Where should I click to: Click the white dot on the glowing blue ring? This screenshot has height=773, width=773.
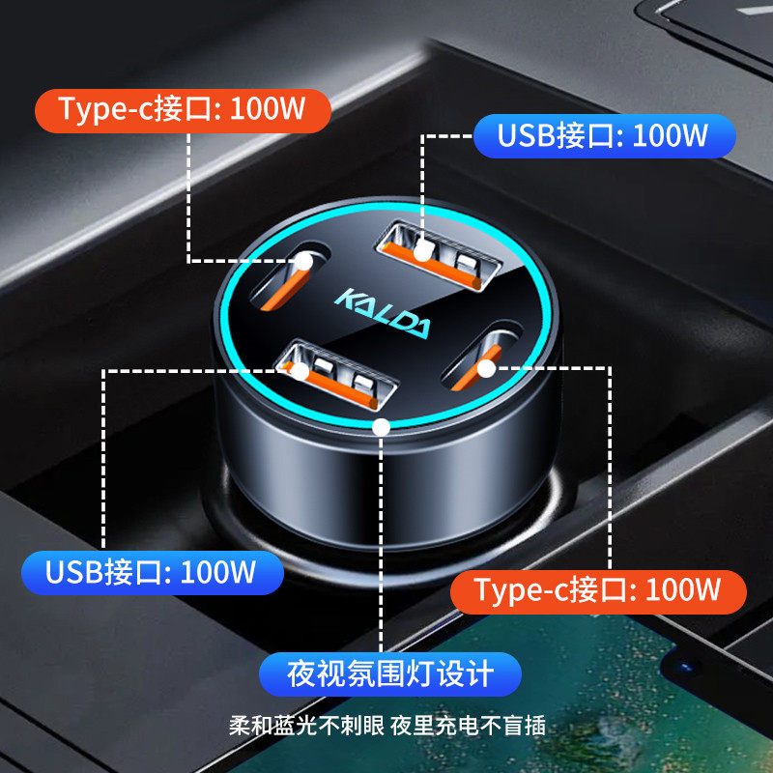pyautogui.click(x=382, y=425)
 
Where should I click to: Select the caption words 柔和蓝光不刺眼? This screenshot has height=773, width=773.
pyautogui.click(x=306, y=727)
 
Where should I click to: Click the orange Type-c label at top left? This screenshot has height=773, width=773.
pyautogui.click(x=182, y=110)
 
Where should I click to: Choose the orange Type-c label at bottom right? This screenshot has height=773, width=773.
pyautogui.click(x=597, y=589)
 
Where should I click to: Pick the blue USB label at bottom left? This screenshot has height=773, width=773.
pyautogui.click(x=151, y=572)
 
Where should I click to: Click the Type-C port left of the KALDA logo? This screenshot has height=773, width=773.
pyautogui.click(x=288, y=272)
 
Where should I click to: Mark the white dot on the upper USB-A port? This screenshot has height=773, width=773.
pyautogui.click(x=422, y=253)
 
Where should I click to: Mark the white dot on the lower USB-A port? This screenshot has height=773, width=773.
pyautogui.click(x=301, y=370)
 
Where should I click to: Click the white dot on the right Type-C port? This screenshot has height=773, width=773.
pyautogui.click(x=486, y=367)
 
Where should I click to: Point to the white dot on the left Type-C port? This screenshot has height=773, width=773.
pyautogui.click(x=304, y=260)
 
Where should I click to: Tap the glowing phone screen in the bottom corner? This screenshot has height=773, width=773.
pyautogui.click(x=618, y=696)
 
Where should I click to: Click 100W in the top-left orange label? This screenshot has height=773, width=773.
pyautogui.click(x=268, y=110)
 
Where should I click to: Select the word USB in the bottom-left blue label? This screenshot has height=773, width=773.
pyautogui.click(x=77, y=572)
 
